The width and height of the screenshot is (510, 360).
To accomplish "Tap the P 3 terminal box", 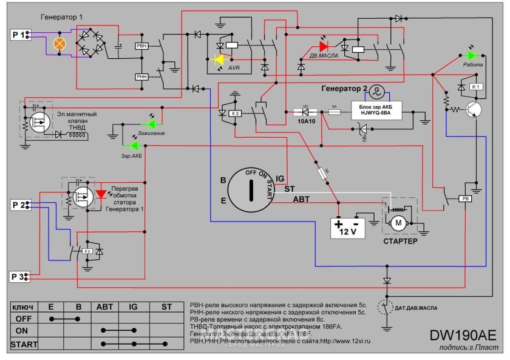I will [x=19, y=277].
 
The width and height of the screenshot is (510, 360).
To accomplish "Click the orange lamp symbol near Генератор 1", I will [x=60, y=44].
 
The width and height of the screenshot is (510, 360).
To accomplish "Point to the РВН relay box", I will [x=141, y=46].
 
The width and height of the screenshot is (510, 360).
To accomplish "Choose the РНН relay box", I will [x=141, y=76].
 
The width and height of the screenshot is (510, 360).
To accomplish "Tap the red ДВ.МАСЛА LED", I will [x=323, y=46].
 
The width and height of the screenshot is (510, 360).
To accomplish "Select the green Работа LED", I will [x=471, y=55].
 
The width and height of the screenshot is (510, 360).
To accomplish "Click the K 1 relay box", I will [x=476, y=87].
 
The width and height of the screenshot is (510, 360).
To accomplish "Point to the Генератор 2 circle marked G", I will [x=376, y=90].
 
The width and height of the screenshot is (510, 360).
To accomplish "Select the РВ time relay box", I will [x=466, y=199].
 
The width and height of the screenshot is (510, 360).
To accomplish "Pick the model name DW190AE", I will [x=462, y=336].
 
